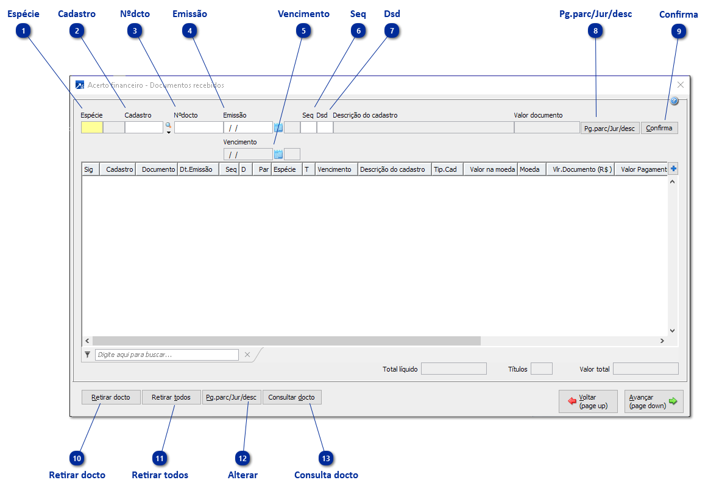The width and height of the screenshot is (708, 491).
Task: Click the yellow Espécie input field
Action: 92,127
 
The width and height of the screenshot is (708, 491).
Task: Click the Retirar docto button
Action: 111,397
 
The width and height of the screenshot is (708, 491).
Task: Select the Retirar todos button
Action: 171,397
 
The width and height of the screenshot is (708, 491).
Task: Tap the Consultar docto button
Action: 292,397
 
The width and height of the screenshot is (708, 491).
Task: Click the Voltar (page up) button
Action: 588,401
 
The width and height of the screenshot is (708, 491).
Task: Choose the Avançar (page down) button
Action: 653,401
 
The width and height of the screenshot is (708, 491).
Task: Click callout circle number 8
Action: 596,32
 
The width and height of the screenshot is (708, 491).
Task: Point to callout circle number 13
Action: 327,458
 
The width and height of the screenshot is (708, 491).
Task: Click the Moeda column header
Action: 529,169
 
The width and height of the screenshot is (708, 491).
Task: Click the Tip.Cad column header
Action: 445,169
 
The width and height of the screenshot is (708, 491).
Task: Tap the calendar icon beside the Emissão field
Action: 278,127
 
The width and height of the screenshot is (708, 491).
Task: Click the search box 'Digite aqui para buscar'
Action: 166,355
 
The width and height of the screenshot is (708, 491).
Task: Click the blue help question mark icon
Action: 674,101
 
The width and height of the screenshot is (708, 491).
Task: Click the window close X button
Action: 681,85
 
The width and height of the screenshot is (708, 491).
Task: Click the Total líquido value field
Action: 454,369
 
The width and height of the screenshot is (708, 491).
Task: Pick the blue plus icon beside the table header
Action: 674,169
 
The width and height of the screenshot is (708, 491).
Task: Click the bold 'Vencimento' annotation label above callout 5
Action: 303,13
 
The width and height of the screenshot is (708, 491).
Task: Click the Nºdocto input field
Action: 199,127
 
